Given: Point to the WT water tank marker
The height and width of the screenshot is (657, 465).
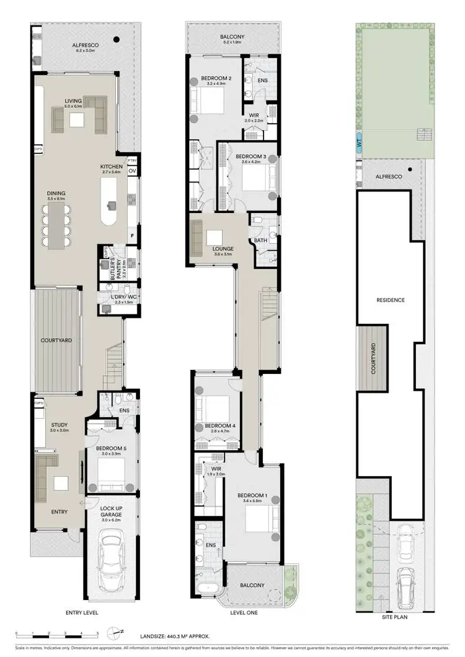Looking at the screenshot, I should click(359, 142).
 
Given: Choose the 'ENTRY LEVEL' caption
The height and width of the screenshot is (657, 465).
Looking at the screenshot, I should click(82, 612).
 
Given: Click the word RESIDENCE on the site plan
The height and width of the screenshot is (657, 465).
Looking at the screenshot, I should click(391, 300).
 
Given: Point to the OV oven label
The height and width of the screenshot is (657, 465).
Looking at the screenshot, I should click(132, 172).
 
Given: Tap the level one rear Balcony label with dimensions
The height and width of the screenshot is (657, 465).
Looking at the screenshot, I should click(232, 40).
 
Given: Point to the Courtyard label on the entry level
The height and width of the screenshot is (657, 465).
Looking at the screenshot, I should click(56, 341).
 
